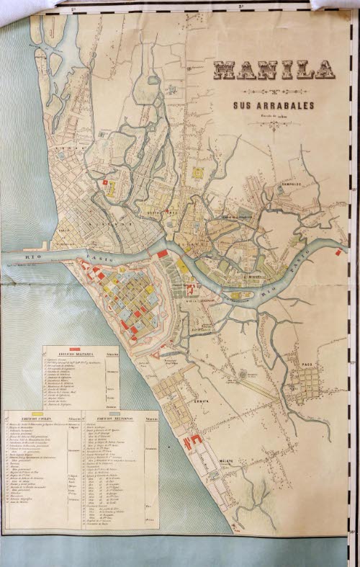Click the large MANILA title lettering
[274, 69]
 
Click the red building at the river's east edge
[337, 252]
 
